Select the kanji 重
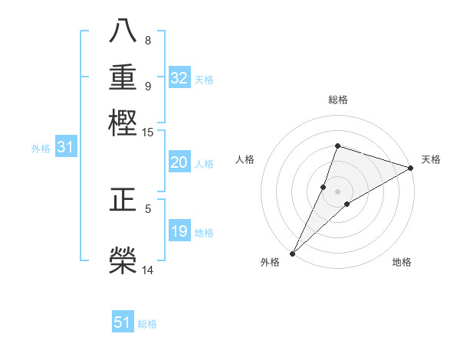click(x=123, y=79)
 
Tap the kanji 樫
click(x=123, y=123)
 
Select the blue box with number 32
click(x=179, y=78)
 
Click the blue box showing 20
click(x=179, y=162)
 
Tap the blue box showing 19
click(x=179, y=232)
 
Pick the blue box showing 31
click(x=65, y=148)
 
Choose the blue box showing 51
click(x=123, y=322)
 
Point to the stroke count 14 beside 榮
click(x=147, y=270)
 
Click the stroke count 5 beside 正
click(x=148, y=208)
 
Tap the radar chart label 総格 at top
click(x=338, y=100)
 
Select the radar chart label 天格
click(x=431, y=159)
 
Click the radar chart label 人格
click(x=245, y=159)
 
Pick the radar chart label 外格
click(x=270, y=263)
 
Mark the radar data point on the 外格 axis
click(x=293, y=253)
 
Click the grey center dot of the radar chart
click(x=338, y=191)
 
